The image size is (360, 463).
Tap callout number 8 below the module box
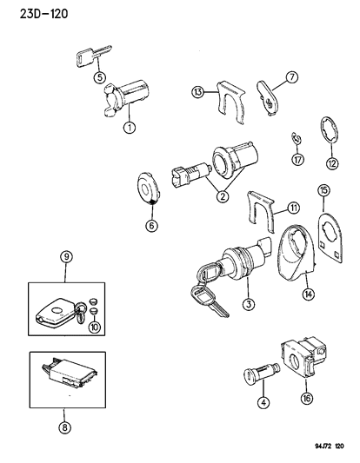[65, 427]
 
